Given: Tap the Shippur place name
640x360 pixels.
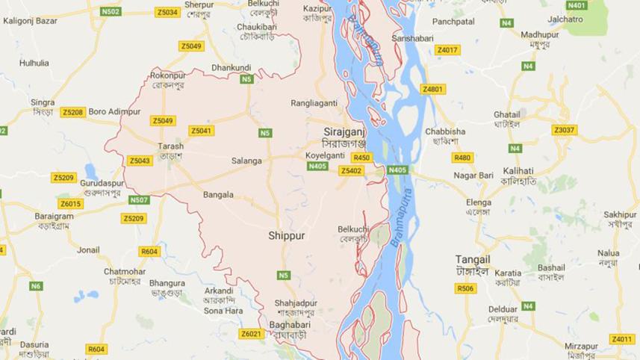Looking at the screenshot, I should (x=288, y=235).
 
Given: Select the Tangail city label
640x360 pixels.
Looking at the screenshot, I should (x=473, y=259).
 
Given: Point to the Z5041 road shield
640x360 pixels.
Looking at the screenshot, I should (x=202, y=131).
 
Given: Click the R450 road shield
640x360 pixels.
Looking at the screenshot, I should (x=361, y=158).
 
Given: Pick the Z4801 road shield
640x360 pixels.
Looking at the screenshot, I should (x=433, y=90).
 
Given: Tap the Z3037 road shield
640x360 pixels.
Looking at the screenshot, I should (x=565, y=130).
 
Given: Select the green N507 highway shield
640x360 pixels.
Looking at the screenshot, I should (x=139, y=200).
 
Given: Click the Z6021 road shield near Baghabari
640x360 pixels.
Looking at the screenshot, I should (x=251, y=334).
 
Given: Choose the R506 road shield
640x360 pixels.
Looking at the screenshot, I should (x=465, y=288).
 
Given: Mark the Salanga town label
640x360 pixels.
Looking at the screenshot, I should (x=246, y=161).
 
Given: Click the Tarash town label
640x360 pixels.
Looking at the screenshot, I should (x=170, y=146).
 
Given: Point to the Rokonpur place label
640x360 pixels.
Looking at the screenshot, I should (x=167, y=75).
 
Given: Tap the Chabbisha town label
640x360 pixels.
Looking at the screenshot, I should (x=445, y=131).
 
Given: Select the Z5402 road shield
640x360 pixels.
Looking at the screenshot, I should (x=350, y=171).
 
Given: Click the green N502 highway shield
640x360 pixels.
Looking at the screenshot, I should (x=111, y=12).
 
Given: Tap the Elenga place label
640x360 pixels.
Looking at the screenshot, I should (x=478, y=202).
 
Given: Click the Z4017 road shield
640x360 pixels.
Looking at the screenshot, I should (x=447, y=50).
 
